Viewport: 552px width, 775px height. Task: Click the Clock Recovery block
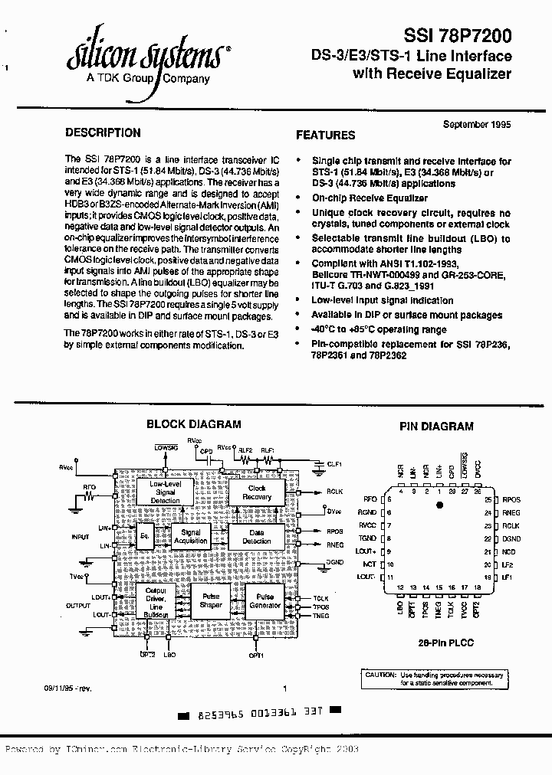(x=257, y=492)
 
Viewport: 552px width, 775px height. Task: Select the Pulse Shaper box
(x=210, y=601)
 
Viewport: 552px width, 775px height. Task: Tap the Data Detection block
(x=257, y=537)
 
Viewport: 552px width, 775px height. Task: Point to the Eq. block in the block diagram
(x=144, y=536)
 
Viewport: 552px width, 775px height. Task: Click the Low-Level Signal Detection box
(x=165, y=492)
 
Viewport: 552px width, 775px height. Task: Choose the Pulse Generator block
(x=264, y=601)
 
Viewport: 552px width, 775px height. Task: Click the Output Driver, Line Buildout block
(x=156, y=602)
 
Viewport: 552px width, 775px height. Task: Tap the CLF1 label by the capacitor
(x=335, y=463)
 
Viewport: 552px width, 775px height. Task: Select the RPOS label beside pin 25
(x=511, y=499)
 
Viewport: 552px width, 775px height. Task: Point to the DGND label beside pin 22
(x=511, y=538)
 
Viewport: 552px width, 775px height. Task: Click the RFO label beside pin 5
(x=370, y=499)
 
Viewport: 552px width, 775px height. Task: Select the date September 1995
(x=477, y=123)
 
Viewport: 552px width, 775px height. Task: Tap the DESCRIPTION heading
(x=103, y=132)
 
